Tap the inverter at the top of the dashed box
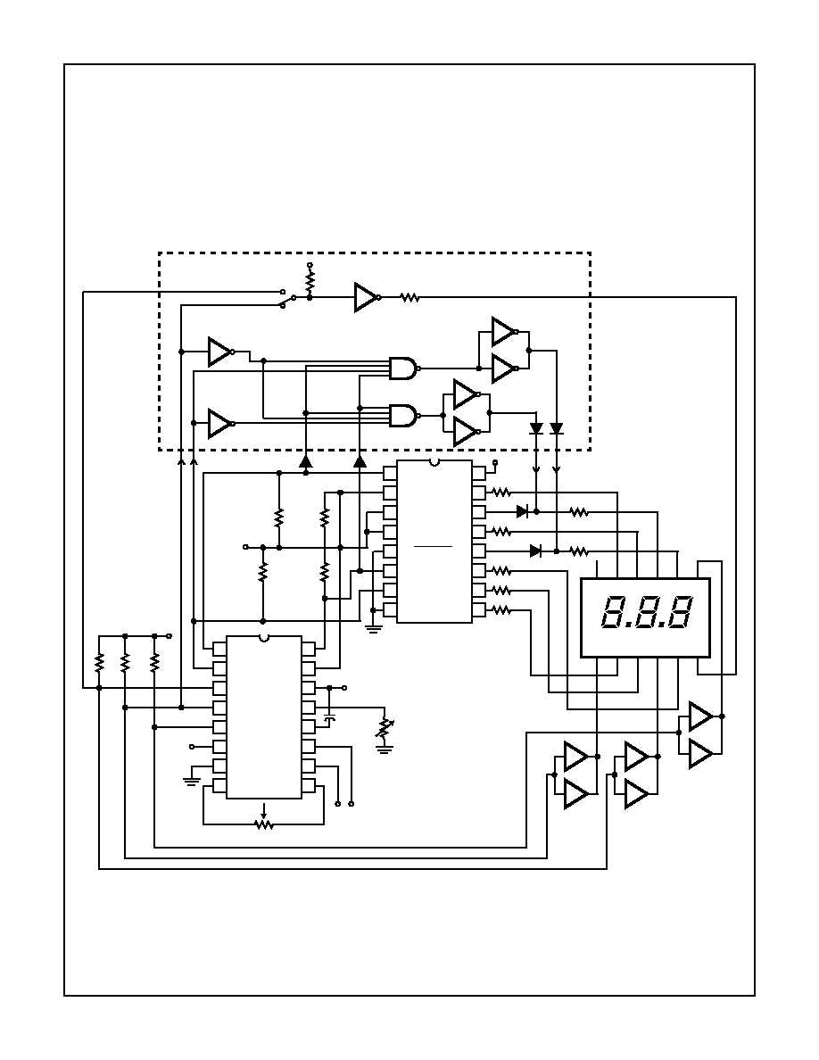(x=366, y=297)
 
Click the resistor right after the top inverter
(x=409, y=298)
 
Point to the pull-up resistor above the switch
(x=310, y=281)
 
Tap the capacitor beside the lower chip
(x=330, y=717)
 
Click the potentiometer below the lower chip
(x=263, y=824)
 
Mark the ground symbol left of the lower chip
(x=191, y=781)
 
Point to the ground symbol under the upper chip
(x=374, y=627)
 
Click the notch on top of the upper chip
(x=434, y=462)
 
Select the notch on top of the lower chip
(x=263, y=638)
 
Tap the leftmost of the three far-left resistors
(x=99, y=662)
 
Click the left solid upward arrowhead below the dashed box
(x=305, y=461)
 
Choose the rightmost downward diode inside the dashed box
(x=557, y=429)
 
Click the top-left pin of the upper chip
(x=390, y=472)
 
